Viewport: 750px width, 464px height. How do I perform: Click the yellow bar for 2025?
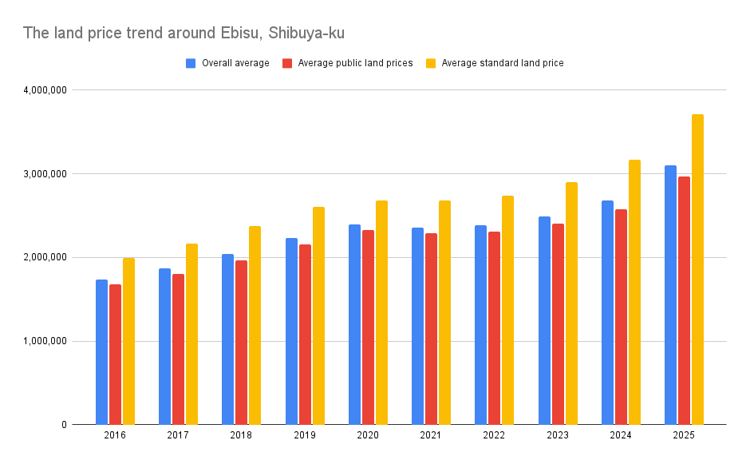coord(697,269)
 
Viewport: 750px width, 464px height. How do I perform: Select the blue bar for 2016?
coord(101,351)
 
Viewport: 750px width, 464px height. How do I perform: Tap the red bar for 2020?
coord(368,327)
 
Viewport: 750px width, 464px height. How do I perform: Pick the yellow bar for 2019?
coord(318,315)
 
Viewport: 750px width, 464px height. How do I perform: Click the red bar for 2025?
coord(684,300)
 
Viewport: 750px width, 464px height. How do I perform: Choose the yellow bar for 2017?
coord(191,334)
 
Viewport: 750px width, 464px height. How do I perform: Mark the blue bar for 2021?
coord(417,326)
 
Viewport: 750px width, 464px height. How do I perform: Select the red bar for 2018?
coord(241,342)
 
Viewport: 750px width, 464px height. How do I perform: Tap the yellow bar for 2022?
coord(508,310)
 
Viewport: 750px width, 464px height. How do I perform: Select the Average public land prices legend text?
coord(355,63)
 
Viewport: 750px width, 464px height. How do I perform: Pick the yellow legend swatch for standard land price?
coord(431,63)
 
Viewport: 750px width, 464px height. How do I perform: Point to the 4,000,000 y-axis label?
coord(45,90)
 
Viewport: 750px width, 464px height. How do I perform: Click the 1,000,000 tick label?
coord(45,341)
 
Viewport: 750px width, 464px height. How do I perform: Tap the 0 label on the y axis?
coord(63,425)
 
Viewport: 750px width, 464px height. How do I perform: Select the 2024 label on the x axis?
coord(621,435)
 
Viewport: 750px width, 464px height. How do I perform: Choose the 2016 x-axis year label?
coord(115,435)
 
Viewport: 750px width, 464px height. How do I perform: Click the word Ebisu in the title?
coord(240,34)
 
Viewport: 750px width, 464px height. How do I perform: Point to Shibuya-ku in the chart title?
coord(306,34)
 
